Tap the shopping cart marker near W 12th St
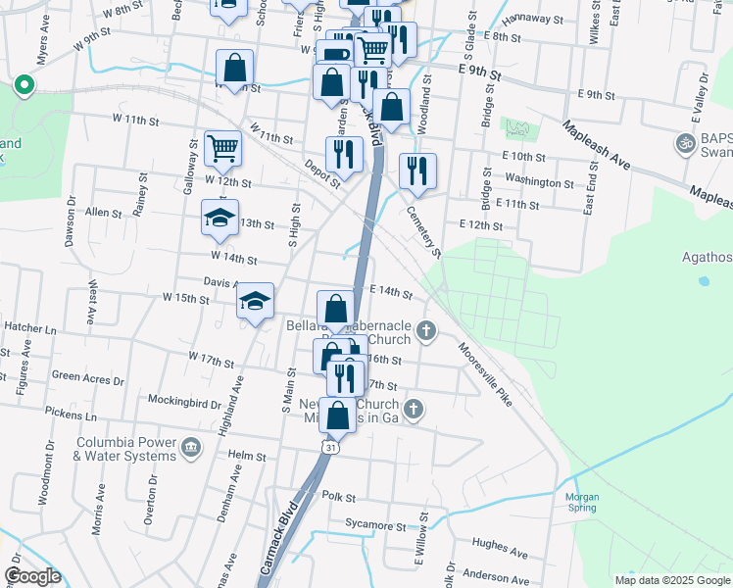[223, 149]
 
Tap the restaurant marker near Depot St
[344, 154]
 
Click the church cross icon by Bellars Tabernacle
[425, 329]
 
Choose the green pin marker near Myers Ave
[23, 86]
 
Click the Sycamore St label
[381, 526]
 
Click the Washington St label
[539, 182]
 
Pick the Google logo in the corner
[31, 575]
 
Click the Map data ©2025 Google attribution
[671, 580]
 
